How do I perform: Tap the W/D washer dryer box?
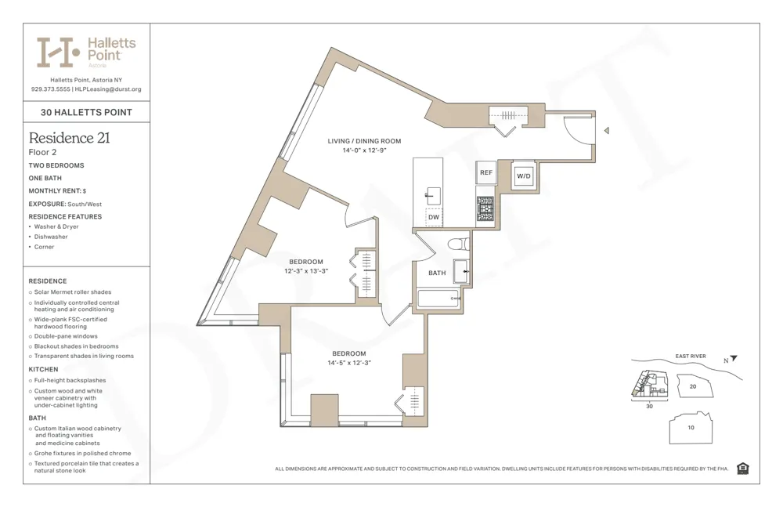pos(523,176)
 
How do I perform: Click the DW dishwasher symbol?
pos(433,217)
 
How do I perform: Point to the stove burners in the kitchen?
pos(485,208)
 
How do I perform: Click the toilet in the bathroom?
pos(458,244)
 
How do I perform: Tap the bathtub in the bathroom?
pos(438,299)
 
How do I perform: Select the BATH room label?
pos(437,273)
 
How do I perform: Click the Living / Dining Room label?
pos(364,141)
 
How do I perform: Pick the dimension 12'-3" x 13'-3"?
pos(305,271)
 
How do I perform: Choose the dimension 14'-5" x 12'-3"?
pos(348,363)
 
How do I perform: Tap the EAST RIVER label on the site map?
pos(690,357)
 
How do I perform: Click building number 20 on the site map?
pos(692,386)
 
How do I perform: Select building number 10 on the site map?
pos(690,427)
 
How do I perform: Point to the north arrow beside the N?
pos(734,359)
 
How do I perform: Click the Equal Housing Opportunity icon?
pos(742,469)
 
